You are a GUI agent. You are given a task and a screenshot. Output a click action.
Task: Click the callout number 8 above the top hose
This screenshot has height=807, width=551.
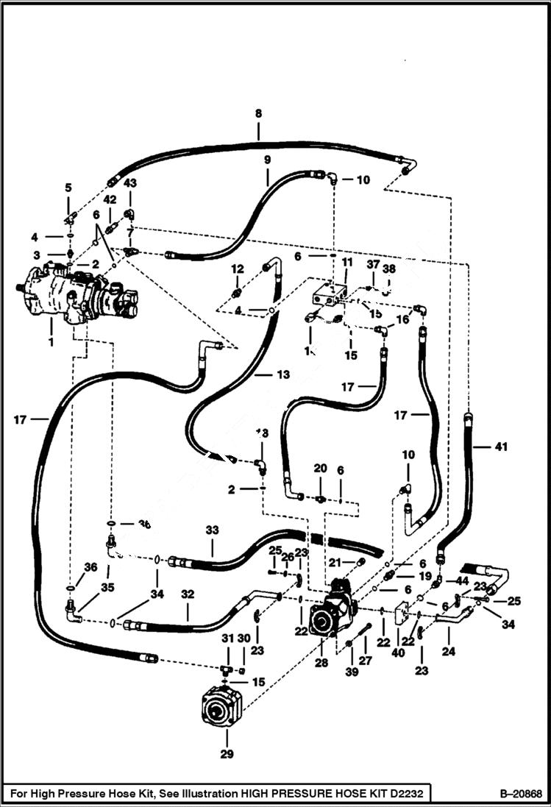pyautogui.click(x=258, y=114)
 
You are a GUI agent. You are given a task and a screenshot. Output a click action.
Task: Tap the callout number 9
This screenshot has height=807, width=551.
pyautogui.click(x=267, y=160)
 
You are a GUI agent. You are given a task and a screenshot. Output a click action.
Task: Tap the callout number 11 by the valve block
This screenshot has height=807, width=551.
pyautogui.click(x=346, y=261)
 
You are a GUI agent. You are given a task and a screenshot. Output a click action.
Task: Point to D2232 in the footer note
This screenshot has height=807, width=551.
pyautogui.click(x=410, y=794)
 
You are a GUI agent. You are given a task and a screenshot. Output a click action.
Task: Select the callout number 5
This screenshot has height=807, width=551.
pyautogui.click(x=68, y=188)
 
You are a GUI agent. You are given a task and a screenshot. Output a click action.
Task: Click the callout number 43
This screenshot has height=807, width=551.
pyautogui.click(x=130, y=182)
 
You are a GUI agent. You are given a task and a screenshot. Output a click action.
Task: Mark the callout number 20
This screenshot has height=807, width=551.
pyautogui.click(x=320, y=468)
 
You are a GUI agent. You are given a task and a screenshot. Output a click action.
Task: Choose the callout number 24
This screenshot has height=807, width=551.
pyautogui.click(x=447, y=651)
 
